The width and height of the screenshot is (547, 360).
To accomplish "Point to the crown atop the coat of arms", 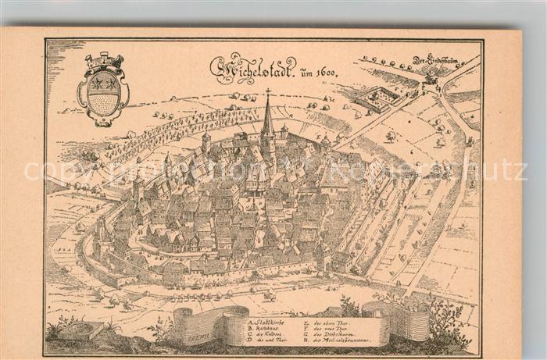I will click(x=104, y=61).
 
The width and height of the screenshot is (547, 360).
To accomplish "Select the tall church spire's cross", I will click(x=267, y=94).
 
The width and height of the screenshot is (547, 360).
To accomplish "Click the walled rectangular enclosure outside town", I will click(x=376, y=98).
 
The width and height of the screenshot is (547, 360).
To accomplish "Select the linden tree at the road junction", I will click(x=431, y=77).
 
